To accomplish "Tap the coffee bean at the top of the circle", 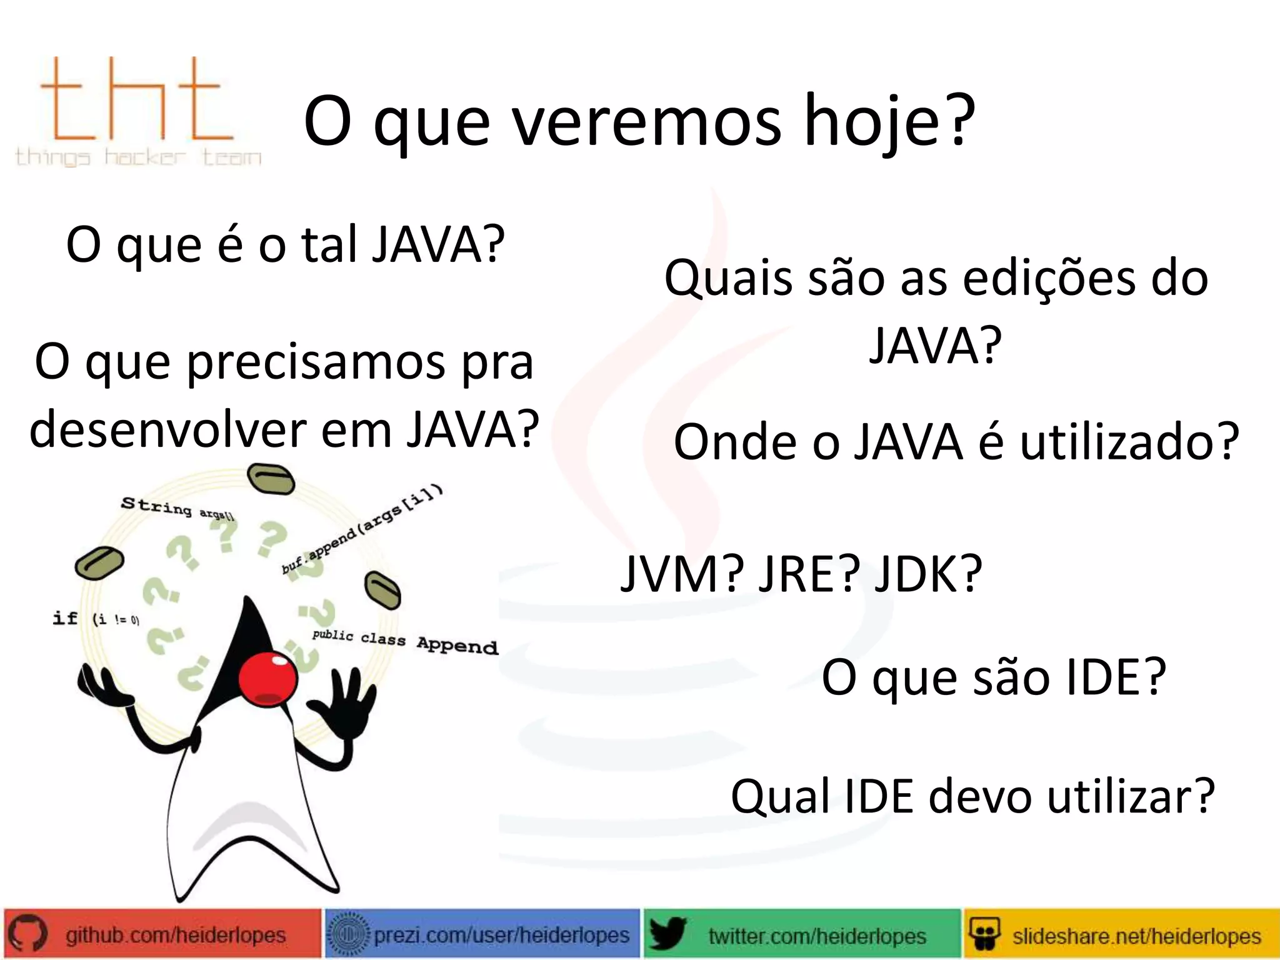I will [271, 480].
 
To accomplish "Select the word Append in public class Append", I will [457, 646].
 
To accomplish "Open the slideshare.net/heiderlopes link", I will [1136, 936].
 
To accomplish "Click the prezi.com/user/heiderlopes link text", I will [501, 935].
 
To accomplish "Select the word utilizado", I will [1129, 442].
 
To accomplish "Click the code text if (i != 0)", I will [96, 619].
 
